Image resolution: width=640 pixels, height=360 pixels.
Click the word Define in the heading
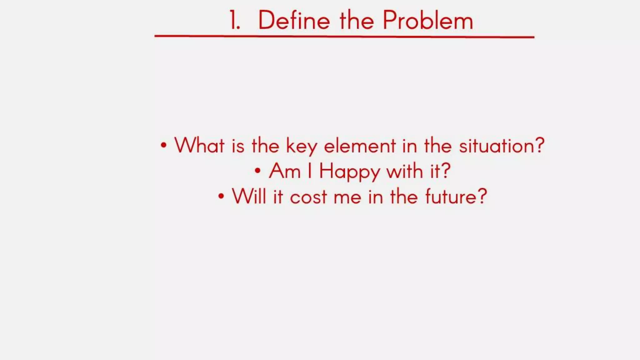pyautogui.click(x=294, y=21)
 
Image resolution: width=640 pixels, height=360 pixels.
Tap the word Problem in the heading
pyautogui.click(x=428, y=21)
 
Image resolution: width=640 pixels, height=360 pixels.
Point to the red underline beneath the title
pyautogui.click(x=344, y=37)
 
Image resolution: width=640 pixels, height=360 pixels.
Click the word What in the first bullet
pyautogui.click(x=199, y=145)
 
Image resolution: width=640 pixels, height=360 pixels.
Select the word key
pyautogui.click(x=302, y=147)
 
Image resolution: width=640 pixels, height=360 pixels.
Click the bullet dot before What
pyautogui.click(x=163, y=145)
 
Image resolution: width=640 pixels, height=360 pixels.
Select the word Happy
pyautogui.click(x=349, y=172)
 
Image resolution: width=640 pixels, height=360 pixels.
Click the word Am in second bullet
pyautogui.click(x=285, y=171)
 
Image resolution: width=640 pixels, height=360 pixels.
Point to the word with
pyautogui.click(x=405, y=171)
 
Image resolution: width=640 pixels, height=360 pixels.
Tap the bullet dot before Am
pyautogui.click(x=257, y=171)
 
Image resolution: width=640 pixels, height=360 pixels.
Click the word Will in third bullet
pyautogui.click(x=249, y=197)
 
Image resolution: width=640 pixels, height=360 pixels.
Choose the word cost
pyautogui.click(x=308, y=197)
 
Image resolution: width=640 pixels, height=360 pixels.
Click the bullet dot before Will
pyautogui.click(x=221, y=196)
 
